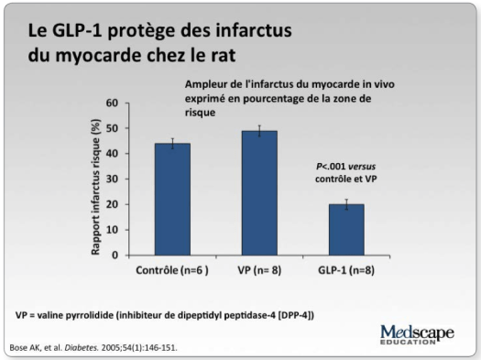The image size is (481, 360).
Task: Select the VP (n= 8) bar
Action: pyautogui.click(x=232, y=192)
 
